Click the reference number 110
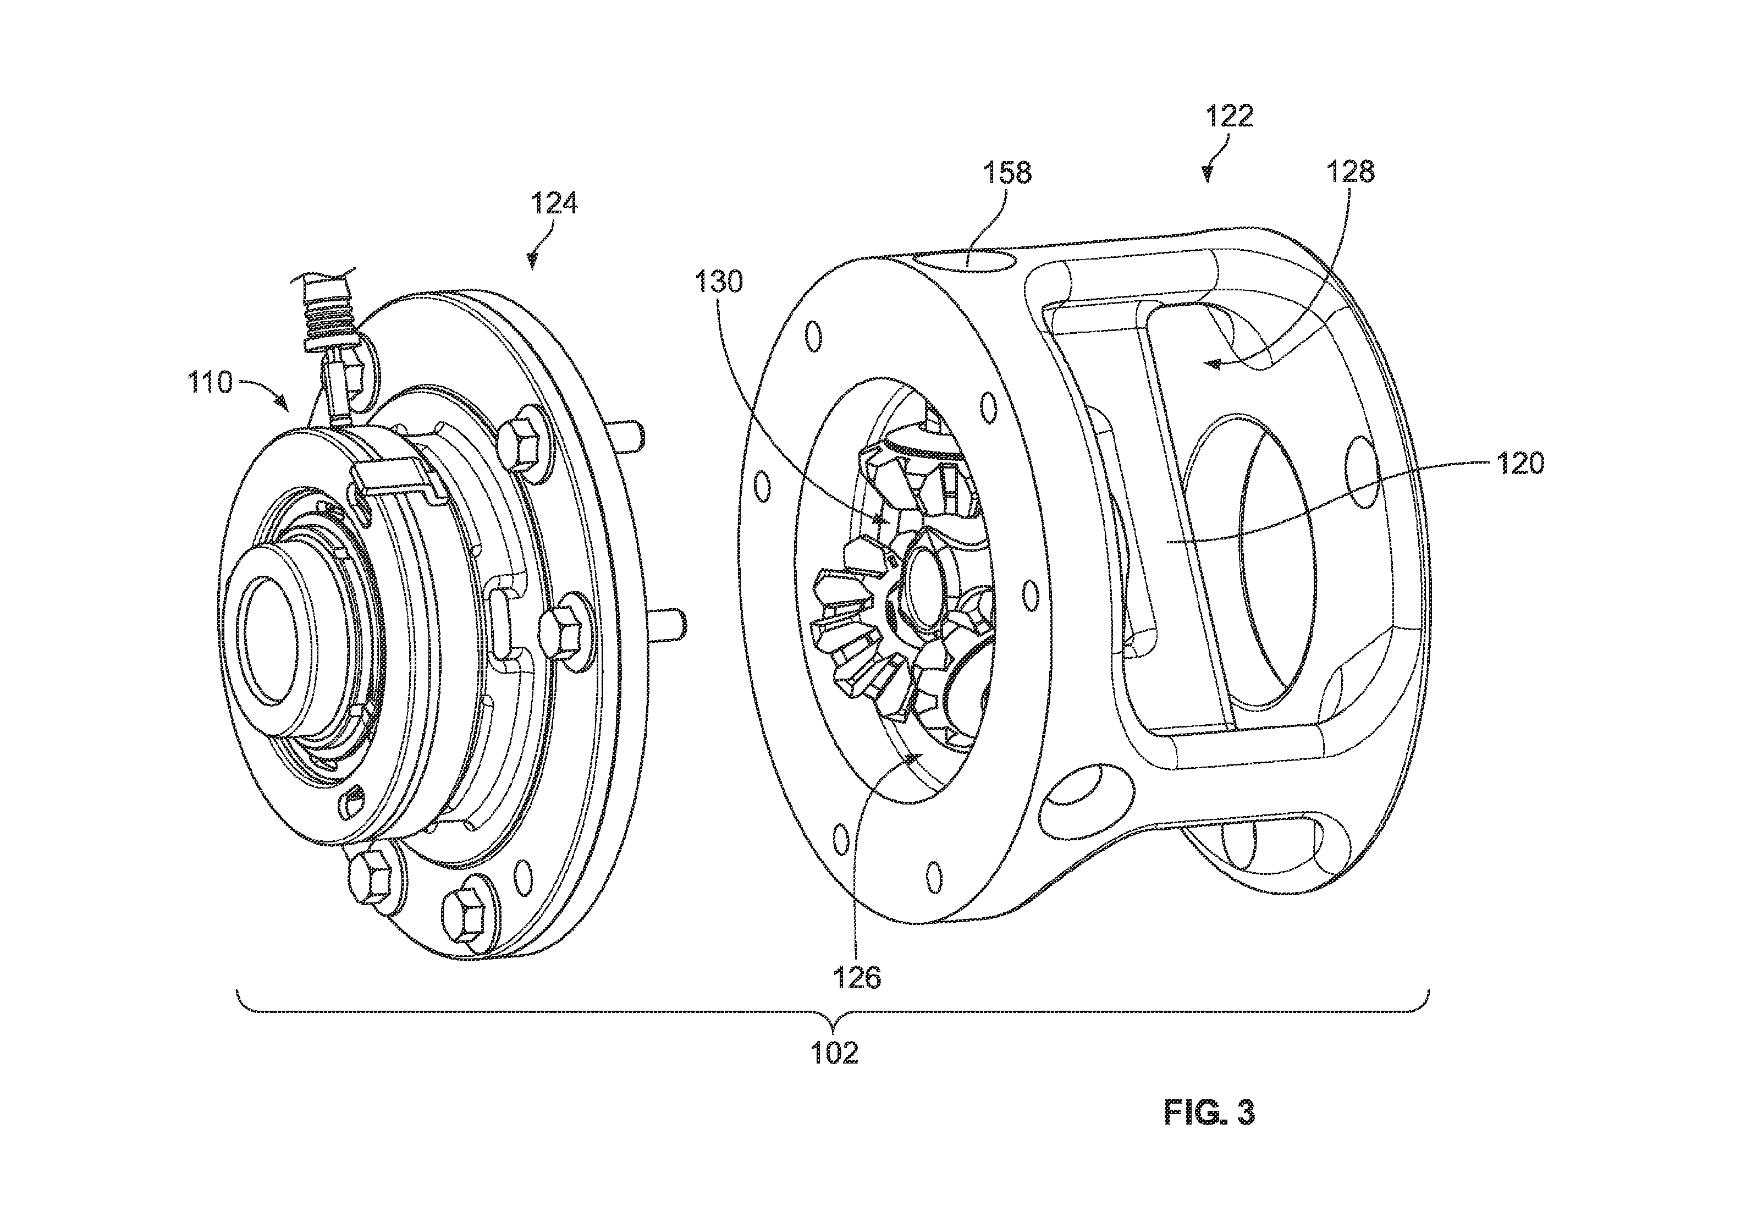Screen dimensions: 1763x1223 pyautogui.click(x=211, y=382)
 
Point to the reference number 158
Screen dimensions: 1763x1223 pyautogui.click(x=1007, y=173)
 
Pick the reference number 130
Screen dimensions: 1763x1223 pyautogui.click(x=719, y=283)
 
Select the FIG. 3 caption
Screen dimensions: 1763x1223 pyautogui.click(x=1210, y=1112)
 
